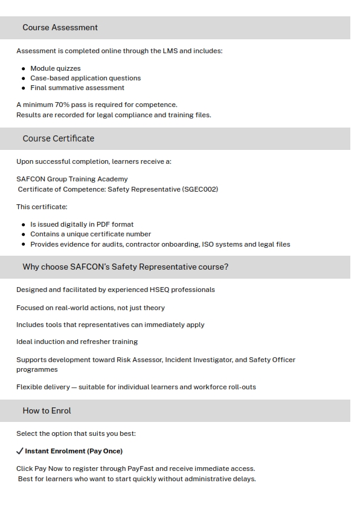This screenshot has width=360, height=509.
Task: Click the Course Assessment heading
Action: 60,27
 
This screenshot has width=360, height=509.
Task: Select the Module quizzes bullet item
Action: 55,68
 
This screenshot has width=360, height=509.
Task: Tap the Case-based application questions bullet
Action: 85,78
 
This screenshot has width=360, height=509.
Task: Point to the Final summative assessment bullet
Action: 77,88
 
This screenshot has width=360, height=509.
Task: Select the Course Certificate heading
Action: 58,138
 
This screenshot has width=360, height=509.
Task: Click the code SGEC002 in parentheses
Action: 199,189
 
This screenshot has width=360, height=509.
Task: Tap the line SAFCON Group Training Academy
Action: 72,179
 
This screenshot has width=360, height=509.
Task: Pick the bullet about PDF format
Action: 82,224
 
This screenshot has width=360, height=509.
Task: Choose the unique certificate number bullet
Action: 91,234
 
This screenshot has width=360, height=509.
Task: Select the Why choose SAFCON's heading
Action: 125,267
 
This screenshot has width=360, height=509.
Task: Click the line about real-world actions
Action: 90,308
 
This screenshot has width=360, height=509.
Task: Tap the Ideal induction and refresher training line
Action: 77,342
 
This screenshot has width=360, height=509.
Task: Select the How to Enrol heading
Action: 47,410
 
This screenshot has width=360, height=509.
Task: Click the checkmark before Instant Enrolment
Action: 20,451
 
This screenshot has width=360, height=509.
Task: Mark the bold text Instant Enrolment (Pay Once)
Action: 74,451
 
